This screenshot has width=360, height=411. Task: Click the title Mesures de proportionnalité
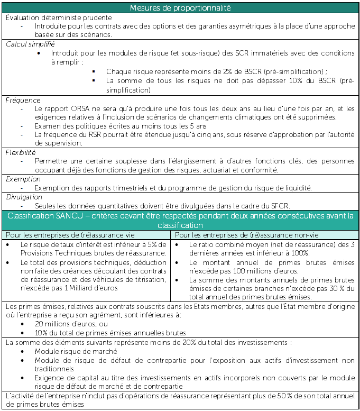tap(179, 8)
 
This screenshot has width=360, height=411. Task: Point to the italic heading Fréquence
tap(23, 100)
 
